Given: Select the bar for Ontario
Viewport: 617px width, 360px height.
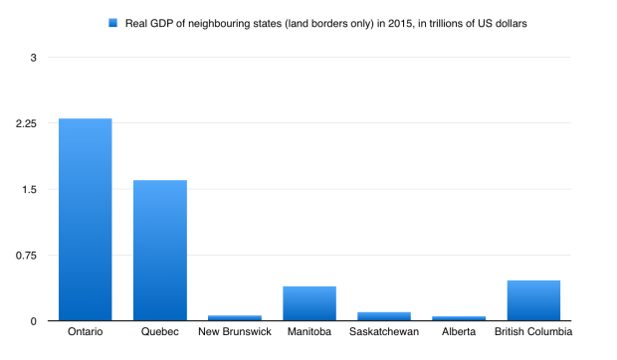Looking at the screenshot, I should point(86,220).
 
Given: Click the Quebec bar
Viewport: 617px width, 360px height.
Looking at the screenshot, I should point(160,251).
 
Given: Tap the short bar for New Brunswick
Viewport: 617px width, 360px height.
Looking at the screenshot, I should point(235,318).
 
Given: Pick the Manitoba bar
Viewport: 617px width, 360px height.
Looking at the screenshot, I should point(309,303).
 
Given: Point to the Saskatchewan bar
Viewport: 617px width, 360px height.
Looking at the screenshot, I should point(384,316).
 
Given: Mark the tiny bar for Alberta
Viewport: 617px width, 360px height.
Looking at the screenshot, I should point(459,318).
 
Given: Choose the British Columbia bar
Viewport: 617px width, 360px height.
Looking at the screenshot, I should point(533,300).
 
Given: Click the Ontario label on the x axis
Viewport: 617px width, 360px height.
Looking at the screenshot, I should point(86,332).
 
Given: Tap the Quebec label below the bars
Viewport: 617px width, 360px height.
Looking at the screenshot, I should point(160,332).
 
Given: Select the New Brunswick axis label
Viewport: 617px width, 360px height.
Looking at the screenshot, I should point(235,332).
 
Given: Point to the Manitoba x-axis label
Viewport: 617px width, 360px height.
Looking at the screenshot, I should point(309,332).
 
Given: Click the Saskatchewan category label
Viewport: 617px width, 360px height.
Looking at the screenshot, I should point(384,332).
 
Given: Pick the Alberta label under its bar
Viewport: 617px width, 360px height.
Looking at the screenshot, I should point(459,332).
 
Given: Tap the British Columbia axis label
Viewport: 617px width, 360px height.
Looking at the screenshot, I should point(533,332).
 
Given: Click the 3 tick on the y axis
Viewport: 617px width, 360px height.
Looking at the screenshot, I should point(33,58).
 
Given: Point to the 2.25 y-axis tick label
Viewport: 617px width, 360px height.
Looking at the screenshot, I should point(26,123).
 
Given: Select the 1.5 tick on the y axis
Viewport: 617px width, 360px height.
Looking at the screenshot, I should point(30,189).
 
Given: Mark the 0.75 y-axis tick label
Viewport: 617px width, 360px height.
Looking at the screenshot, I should point(26,256).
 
